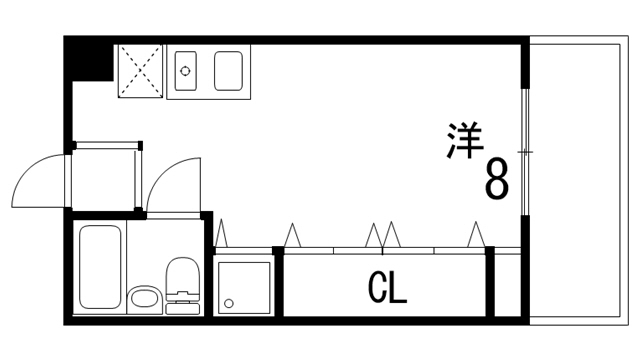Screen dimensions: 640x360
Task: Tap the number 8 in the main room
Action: pos(497,180)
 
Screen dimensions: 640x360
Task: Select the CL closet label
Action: pos(386,289)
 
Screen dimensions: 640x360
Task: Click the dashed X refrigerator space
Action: pos(139,70)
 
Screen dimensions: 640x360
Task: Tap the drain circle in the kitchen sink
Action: pos(184,71)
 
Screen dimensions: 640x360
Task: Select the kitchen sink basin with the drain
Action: pos(187,71)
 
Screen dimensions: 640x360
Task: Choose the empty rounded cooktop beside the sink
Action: pos(229,71)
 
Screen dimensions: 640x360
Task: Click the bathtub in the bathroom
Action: pos(99,267)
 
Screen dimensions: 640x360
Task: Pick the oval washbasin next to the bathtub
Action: pos(144,297)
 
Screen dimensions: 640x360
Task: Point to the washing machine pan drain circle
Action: pos(229,302)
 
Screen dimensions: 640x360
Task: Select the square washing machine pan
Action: pos(244,287)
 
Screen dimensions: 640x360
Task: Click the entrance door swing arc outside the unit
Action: pos(38,180)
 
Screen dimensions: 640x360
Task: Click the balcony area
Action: pos(580,180)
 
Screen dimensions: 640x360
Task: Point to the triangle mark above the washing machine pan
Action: pos(222,234)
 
